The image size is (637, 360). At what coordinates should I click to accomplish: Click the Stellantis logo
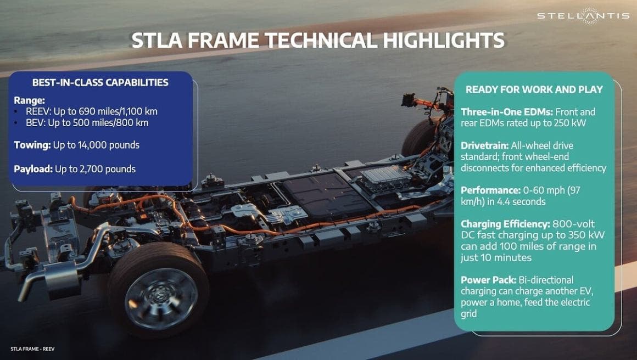[583, 15]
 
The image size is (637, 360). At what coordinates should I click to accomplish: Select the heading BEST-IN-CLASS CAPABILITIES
[100, 83]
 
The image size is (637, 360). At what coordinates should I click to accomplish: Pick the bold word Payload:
[33, 169]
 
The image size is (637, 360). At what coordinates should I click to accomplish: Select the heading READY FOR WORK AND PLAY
[534, 89]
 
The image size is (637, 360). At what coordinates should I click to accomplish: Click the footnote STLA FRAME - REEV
[32, 348]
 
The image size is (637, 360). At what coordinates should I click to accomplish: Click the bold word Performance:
[490, 190]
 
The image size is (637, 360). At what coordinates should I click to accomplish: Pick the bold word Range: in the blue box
[30, 100]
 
